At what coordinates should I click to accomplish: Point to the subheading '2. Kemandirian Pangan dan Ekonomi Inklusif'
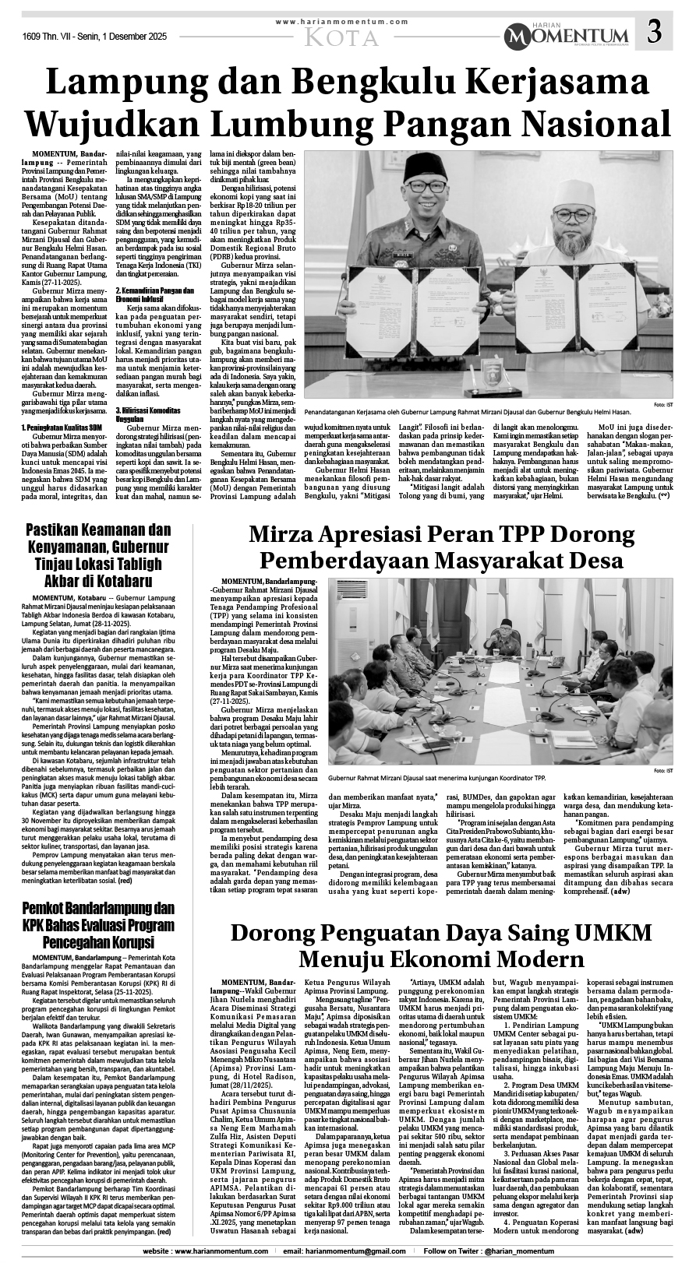(154, 294)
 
